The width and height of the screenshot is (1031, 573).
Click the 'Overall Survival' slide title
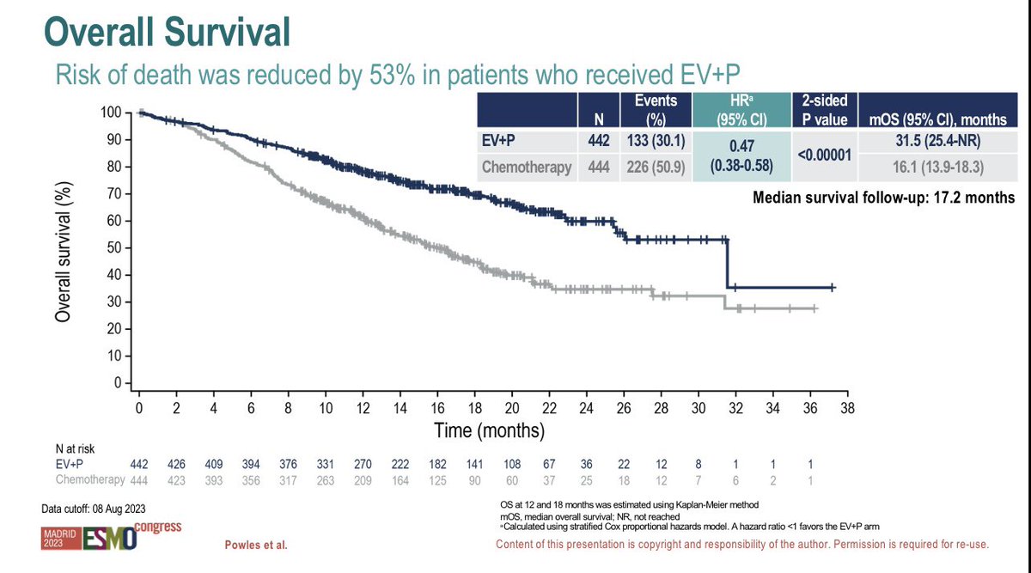click(167, 33)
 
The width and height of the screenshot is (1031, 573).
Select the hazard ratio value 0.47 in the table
click(741, 146)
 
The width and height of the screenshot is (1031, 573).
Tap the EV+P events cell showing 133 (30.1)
click(656, 140)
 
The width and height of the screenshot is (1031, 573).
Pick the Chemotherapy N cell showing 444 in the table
click(598, 167)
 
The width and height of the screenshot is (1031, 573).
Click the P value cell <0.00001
click(824, 155)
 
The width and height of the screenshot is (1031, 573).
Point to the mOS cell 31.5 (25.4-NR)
click(937, 140)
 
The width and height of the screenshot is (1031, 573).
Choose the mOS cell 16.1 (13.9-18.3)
click(937, 167)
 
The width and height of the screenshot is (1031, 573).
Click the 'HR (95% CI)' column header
click(741, 110)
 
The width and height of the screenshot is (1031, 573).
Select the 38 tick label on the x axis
click(847, 408)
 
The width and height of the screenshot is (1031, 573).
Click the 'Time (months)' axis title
click(489, 430)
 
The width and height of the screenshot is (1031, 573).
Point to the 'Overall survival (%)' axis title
click(63, 252)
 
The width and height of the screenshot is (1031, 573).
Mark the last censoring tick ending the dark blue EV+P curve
click(833, 288)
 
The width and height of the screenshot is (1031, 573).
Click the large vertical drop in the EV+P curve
click(727, 264)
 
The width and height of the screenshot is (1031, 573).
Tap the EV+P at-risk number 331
click(325, 464)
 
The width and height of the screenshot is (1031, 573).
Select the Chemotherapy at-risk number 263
click(325, 480)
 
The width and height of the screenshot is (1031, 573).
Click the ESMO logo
click(110, 539)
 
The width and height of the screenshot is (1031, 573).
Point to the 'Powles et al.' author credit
click(256, 546)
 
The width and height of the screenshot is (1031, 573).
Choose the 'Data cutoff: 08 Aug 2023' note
click(94, 509)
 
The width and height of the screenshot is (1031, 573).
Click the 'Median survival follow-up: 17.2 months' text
click(884, 198)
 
